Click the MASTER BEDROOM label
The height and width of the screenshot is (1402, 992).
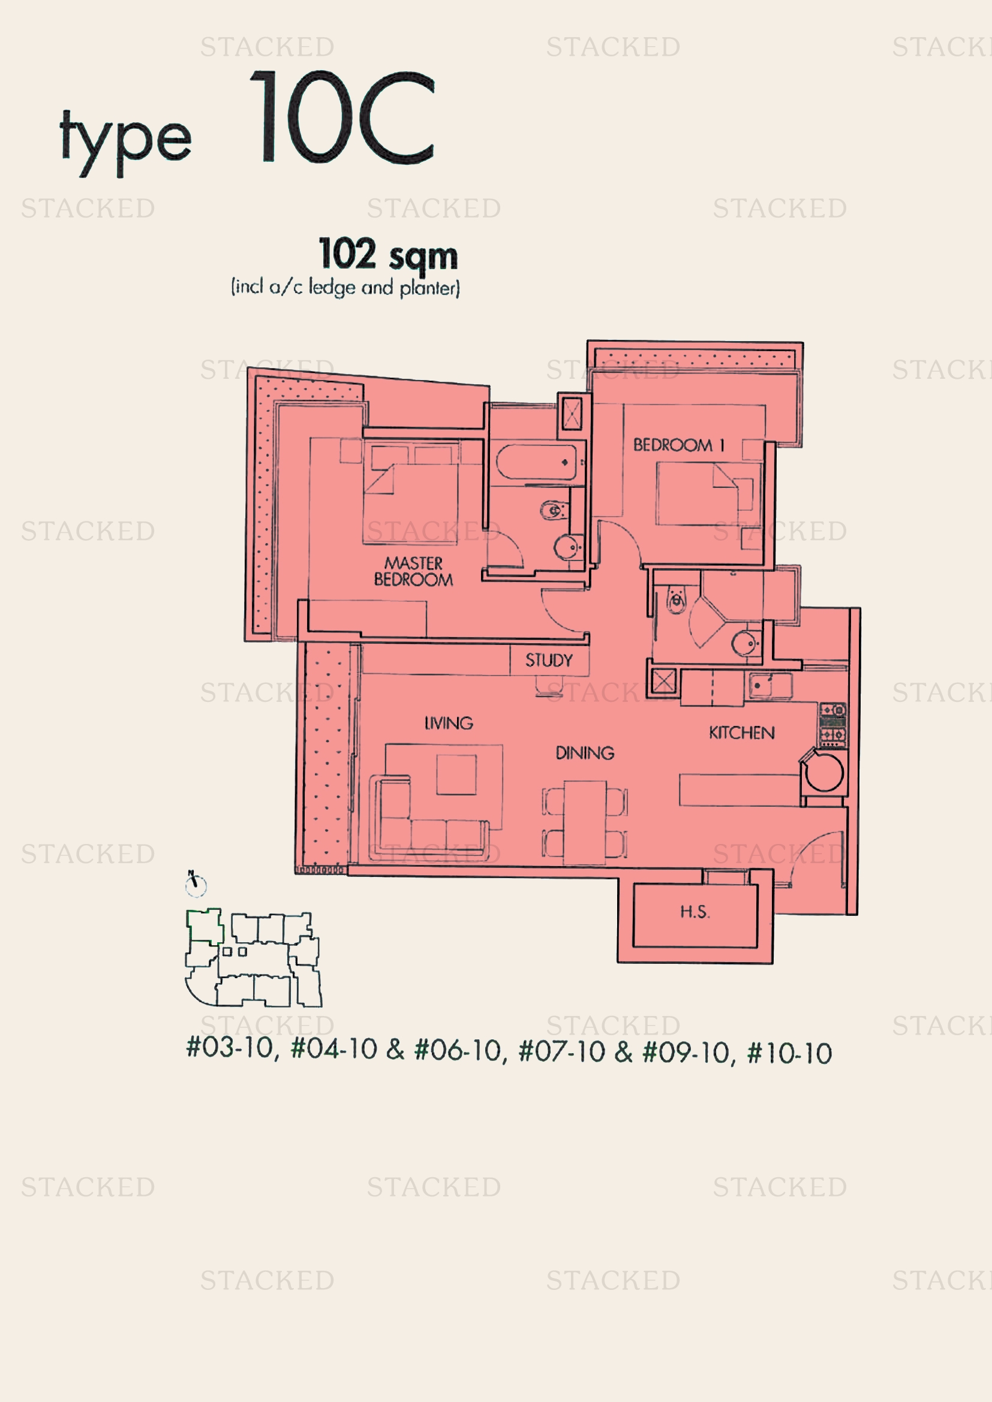tap(414, 571)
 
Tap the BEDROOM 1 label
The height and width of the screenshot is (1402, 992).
tap(679, 445)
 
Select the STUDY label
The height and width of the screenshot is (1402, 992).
tap(549, 660)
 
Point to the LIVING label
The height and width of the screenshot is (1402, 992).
tap(449, 723)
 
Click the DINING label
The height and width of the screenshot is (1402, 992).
tap(585, 753)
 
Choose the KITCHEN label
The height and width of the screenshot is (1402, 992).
tap(741, 732)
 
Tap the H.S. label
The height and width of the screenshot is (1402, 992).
tap(695, 912)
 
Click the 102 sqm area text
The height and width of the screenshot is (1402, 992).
tap(388, 255)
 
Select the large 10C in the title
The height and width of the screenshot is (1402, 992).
tap(342, 117)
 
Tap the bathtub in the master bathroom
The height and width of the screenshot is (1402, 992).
tap(536, 462)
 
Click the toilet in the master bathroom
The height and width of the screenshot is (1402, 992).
tap(554, 509)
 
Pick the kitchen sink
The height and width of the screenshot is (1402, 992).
tap(769, 686)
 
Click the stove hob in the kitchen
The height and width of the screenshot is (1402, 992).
tap(832, 725)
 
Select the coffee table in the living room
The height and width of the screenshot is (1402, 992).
tap(456, 774)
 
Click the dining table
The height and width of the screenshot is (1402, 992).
tap(585, 822)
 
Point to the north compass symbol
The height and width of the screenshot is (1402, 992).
tap(196, 884)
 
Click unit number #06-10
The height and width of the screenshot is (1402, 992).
tap(458, 1050)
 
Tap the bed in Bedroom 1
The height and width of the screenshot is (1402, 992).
tap(708, 493)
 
